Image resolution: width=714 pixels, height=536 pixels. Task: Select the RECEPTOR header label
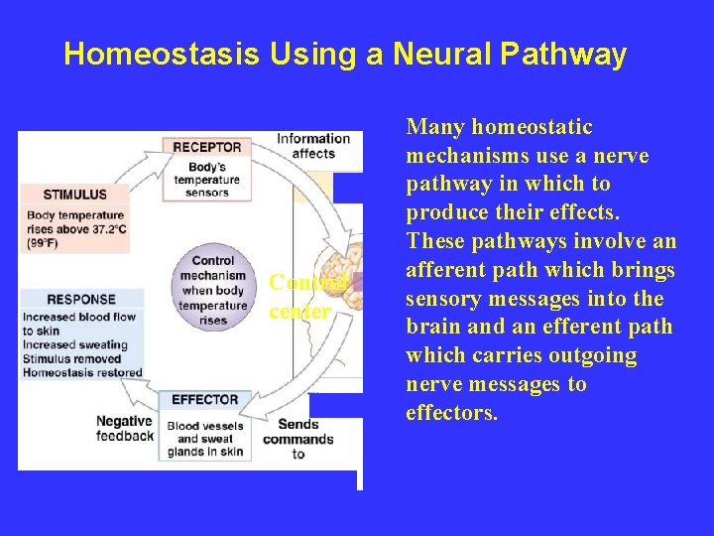(206, 147)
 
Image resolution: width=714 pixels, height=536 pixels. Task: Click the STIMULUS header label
(75, 194)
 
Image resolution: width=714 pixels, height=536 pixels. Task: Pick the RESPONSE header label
(81, 299)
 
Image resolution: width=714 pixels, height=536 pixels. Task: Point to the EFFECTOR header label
(205, 399)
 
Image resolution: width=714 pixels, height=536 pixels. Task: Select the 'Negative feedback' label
(125, 428)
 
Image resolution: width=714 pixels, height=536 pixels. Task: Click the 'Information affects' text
(312, 146)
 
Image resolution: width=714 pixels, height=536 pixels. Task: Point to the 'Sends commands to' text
(298, 439)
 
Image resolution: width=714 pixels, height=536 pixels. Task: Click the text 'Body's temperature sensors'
(206, 179)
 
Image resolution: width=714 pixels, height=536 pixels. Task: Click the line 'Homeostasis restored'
(83, 372)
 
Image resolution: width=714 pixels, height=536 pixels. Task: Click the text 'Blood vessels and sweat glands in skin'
(206, 439)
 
